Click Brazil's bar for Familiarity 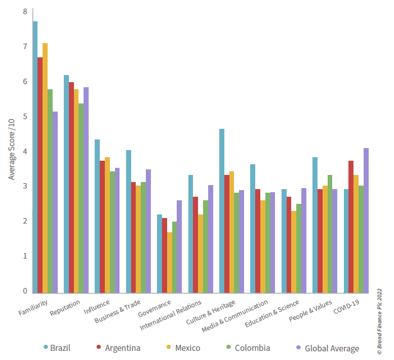pyautogui.click(x=35, y=157)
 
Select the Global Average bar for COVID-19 pyautogui.click(x=366, y=221)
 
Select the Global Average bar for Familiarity pyautogui.click(x=55, y=202)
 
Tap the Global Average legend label pyautogui.click(x=331, y=348)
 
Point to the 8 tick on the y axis pyautogui.click(x=25, y=11)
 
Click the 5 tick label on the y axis pyautogui.click(x=25, y=116)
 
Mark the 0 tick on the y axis pyautogui.click(x=25, y=291)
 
